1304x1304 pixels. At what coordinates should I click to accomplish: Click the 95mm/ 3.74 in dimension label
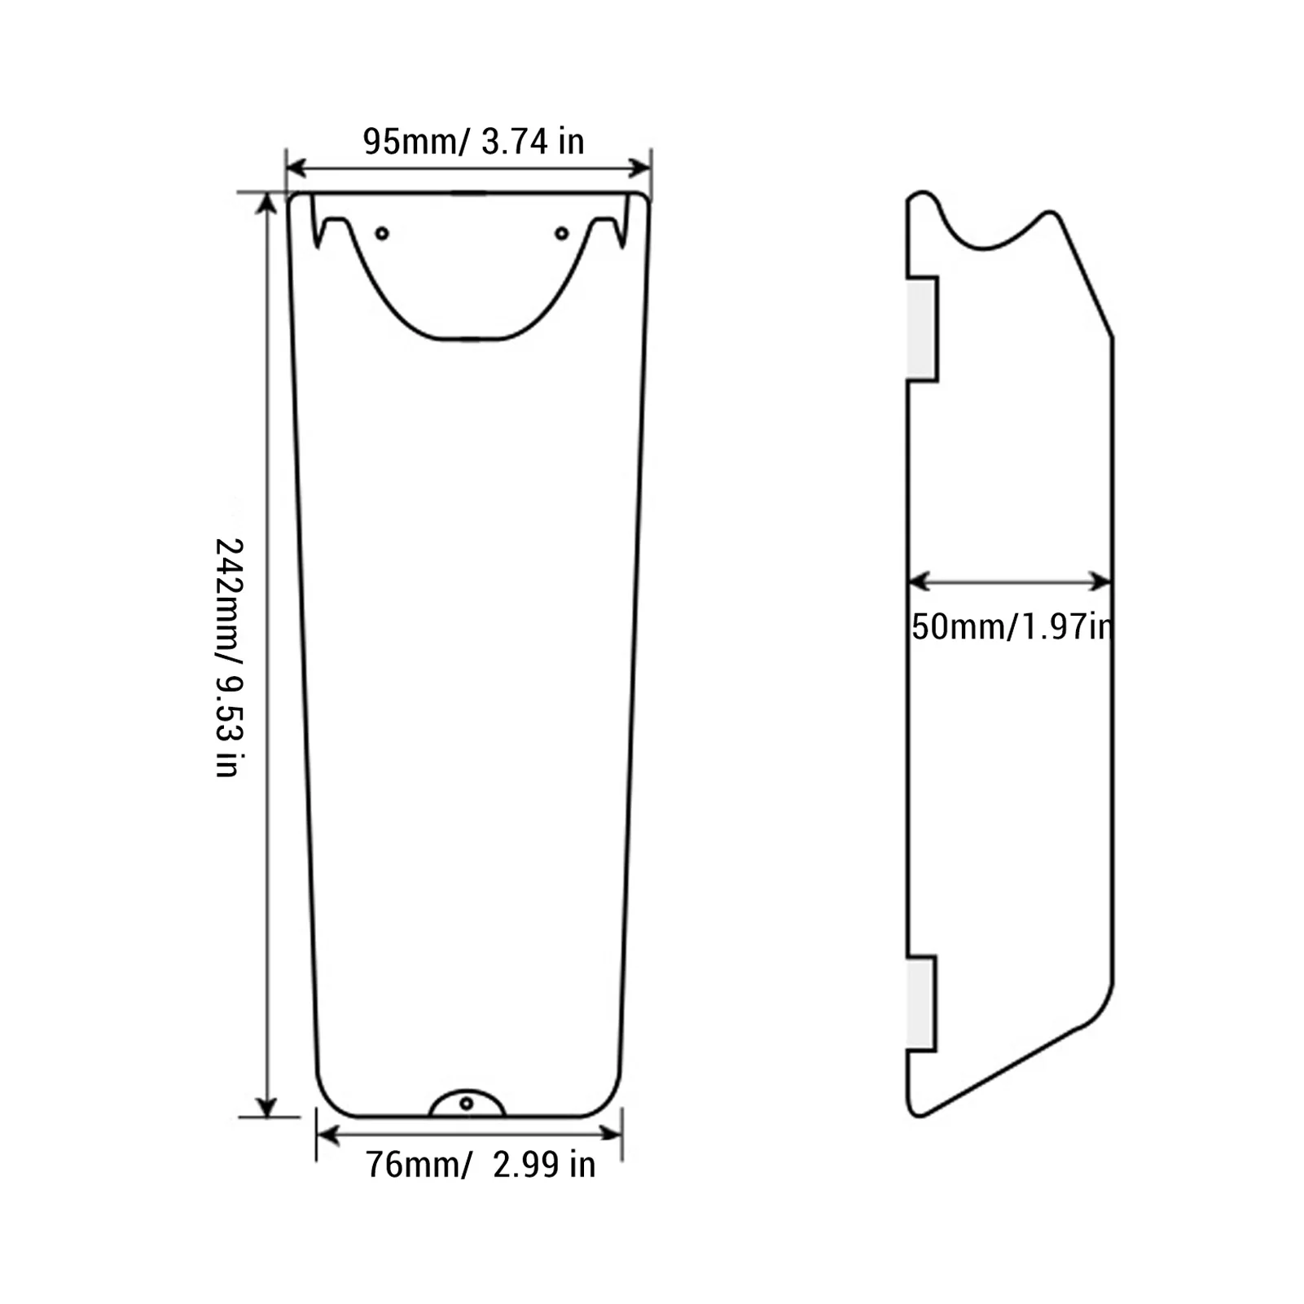(473, 142)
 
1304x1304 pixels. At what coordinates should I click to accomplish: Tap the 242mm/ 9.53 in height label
(227, 656)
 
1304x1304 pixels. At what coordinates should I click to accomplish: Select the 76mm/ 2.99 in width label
(481, 1165)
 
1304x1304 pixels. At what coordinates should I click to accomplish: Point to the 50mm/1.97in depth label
(1011, 627)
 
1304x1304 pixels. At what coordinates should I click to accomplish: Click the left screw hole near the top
(382, 234)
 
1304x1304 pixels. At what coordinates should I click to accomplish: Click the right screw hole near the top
(561, 234)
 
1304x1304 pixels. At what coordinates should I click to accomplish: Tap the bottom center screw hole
(467, 1104)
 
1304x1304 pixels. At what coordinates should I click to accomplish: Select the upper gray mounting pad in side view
(921, 328)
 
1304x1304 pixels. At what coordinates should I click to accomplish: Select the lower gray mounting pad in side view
(920, 1003)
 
